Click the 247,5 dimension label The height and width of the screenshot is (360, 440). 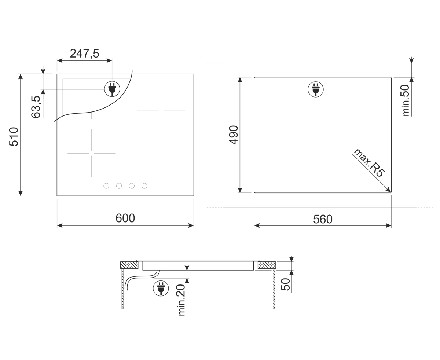(84, 54)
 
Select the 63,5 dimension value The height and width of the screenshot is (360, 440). (36, 107)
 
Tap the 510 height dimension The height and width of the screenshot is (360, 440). (14, 136)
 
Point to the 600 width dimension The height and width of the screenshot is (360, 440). (125, 218)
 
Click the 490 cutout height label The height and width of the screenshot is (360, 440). (234, 135)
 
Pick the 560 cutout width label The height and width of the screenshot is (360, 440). (323, 219)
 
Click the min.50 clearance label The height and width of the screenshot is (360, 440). (406, 100)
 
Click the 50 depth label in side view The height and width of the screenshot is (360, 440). (285, 284)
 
